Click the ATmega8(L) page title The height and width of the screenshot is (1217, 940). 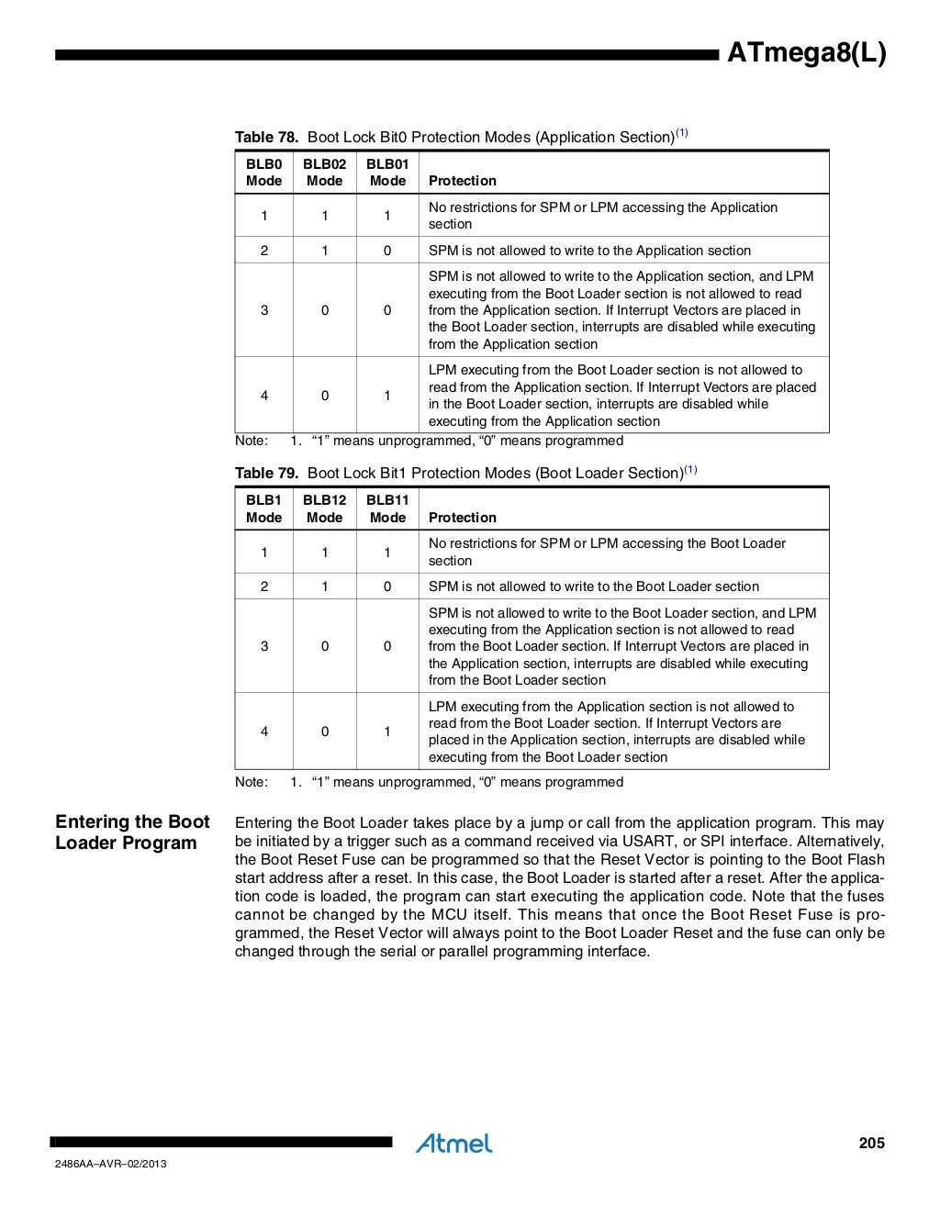[806, 54]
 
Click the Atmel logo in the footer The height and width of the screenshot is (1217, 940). [453, 1143]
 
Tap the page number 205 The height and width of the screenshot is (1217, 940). [871, 1143]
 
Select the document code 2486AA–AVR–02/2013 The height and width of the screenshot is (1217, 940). [110, 1165]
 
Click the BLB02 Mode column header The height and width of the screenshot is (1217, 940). [324, 173]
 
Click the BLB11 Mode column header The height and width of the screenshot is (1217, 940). [386, 508]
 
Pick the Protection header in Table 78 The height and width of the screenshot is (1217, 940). [462, 181]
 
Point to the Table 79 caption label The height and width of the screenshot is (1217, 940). [266, 473]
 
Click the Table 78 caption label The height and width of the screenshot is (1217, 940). [266, 137]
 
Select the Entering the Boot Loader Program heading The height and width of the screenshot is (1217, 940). [132, 832]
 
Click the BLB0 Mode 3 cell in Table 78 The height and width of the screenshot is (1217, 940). [264, 310]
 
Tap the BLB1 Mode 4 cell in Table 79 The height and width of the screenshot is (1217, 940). [264, 731]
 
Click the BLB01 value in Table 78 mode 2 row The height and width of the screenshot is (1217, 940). [386, 251]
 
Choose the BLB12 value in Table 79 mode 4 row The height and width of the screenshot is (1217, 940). [324, 731]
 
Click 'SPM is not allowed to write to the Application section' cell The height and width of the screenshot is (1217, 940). [589, 251]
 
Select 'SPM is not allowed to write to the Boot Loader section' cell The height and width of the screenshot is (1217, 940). [593, 586]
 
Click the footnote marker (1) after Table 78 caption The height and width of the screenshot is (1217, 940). [682, 133]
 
